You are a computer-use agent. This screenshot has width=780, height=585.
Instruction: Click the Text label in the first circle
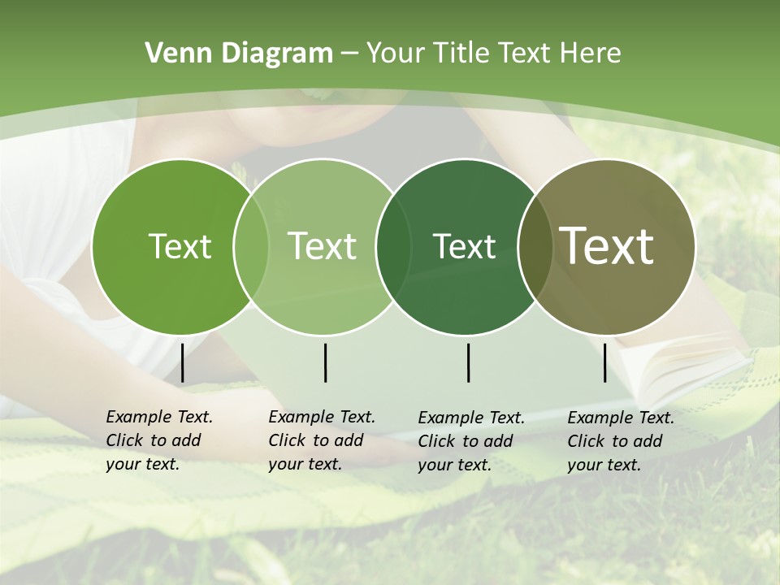[180, 246]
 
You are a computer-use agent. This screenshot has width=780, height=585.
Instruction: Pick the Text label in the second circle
[322, 246]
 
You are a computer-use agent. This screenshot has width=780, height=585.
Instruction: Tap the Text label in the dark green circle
[464, 246]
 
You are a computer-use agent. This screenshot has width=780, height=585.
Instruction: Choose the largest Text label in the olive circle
[606, 246]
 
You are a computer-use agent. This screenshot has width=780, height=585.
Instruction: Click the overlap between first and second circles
[251, 246]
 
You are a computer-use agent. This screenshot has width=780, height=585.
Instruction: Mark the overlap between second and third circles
[393, 246]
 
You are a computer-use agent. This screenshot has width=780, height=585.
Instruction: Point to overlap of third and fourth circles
[535, 246]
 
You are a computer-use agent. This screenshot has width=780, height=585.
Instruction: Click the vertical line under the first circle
[183, 362]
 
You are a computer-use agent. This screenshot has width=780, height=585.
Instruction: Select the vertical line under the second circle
[325, 362]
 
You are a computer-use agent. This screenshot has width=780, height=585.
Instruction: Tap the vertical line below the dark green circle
[468, 362]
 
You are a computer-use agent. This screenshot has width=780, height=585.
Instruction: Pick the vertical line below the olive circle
[605, 362]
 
